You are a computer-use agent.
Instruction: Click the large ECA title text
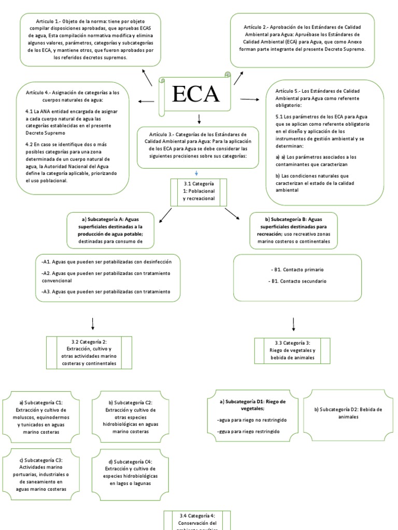(x=195, y=94)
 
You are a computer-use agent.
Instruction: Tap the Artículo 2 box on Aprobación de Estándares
(x=302, y=40)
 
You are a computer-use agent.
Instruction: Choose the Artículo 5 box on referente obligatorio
(x=325, y=142)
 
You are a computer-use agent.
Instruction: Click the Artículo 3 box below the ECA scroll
(x=198, y=147)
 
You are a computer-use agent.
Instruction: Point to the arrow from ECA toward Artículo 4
(x=147, y=101)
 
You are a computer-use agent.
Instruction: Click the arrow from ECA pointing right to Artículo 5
(x=249, y=99)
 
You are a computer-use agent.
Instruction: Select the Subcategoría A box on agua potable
(x=111, y=230)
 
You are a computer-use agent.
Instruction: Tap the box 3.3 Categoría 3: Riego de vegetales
(x=292, y=350)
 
